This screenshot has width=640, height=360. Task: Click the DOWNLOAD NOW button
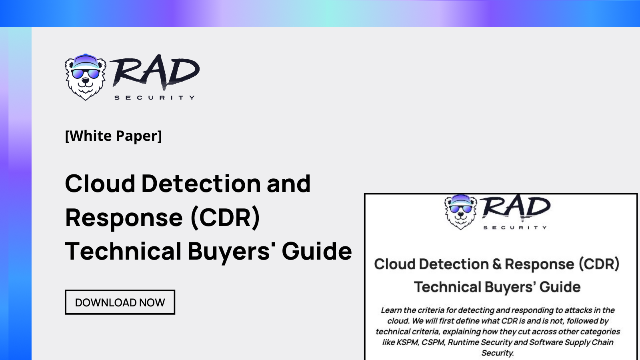(120, 302)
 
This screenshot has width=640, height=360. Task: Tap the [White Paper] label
(113, 136)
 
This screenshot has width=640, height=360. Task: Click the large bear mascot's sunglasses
(86, 74)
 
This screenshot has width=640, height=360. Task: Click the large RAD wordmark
(154, 72)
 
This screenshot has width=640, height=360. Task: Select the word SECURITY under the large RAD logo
(154, 98)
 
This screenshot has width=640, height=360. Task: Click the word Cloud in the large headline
(100, 184)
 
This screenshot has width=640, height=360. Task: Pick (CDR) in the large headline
(225, 218)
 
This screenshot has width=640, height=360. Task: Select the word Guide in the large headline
(317, 252)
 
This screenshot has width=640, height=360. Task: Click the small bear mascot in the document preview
(460, 211)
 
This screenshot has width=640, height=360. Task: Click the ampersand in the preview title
(497, 264)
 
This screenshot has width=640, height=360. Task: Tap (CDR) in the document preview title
(599, 264)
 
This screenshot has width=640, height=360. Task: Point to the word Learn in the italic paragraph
(391, 310)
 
